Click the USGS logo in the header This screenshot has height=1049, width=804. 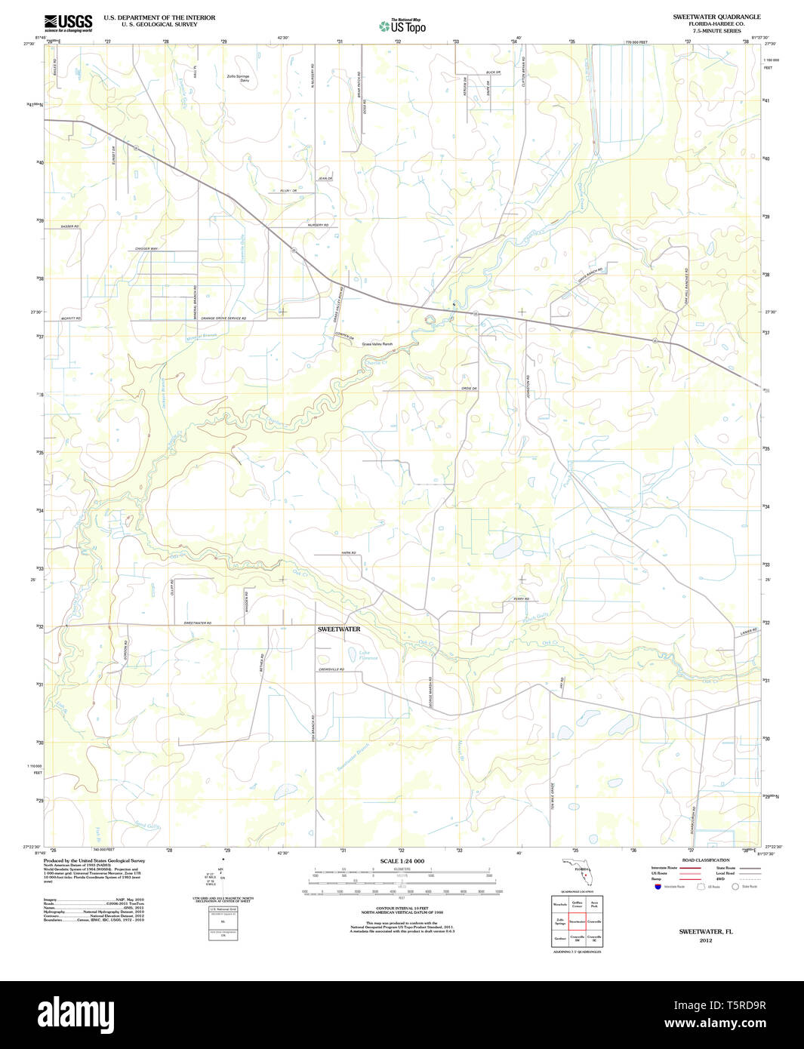(x=68, y=22)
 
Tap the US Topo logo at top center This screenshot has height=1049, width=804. (x=402, y=26)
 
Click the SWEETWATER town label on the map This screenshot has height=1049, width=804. (x=339, y=629)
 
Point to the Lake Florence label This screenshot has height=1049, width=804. (x=364, y=655)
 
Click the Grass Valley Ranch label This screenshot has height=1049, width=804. (x=377, y=344)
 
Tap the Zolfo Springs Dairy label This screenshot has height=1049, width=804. (x=238, y=78)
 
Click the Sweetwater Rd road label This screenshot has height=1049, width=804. (x=198, y=623)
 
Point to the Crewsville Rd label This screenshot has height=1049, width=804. (x=331, y=669)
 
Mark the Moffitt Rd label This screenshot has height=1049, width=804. (x=71, y=318)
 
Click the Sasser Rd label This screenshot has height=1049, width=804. (x=70, y=226)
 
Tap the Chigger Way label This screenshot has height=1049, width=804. (x=146, y=248)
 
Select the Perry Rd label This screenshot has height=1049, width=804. (x=521, y=599)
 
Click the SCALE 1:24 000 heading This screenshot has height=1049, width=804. (x=402, y=861)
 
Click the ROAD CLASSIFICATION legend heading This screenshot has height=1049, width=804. (x=705, y=860)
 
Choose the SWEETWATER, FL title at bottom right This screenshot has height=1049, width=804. (x=705, y=931)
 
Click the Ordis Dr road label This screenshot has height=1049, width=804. (x=470, y=389)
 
